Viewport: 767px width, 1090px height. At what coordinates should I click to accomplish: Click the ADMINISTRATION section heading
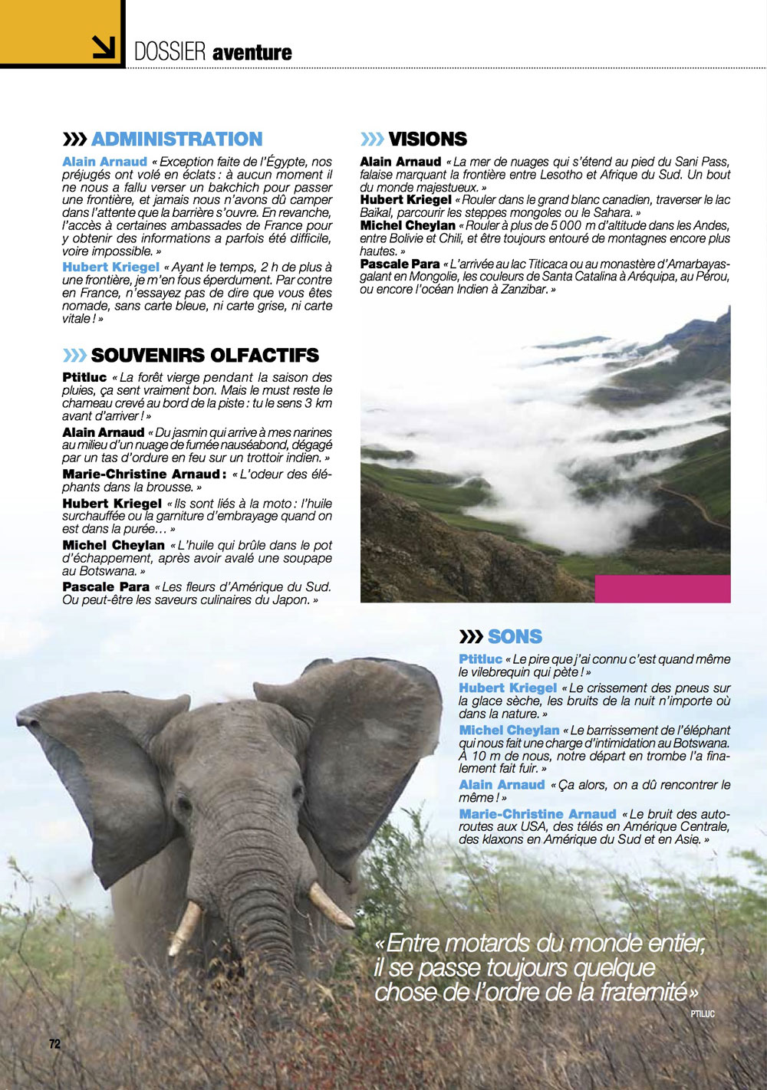176,140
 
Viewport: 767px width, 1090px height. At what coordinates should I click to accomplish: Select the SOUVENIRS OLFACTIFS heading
205,356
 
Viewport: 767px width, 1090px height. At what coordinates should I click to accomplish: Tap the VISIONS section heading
427,140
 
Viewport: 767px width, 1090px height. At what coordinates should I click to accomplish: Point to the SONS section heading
515,637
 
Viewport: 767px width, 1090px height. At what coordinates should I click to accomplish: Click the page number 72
54,1044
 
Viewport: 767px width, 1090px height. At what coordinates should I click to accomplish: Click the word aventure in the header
252,53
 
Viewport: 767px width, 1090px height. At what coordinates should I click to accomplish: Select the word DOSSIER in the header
170,52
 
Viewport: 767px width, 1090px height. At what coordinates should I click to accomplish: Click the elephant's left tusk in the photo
184,927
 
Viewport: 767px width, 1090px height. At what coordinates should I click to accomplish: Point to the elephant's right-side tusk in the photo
331,905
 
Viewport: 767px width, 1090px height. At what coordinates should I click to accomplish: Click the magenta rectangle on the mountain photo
663,588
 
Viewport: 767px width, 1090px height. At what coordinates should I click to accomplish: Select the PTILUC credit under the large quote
701,1014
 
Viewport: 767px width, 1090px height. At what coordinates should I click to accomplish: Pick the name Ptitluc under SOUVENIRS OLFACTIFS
84,377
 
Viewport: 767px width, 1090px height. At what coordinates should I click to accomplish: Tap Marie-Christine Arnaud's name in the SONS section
538,814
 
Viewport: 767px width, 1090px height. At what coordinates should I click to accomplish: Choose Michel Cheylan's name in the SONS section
509,730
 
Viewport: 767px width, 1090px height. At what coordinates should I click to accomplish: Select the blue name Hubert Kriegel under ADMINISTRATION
110,267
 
